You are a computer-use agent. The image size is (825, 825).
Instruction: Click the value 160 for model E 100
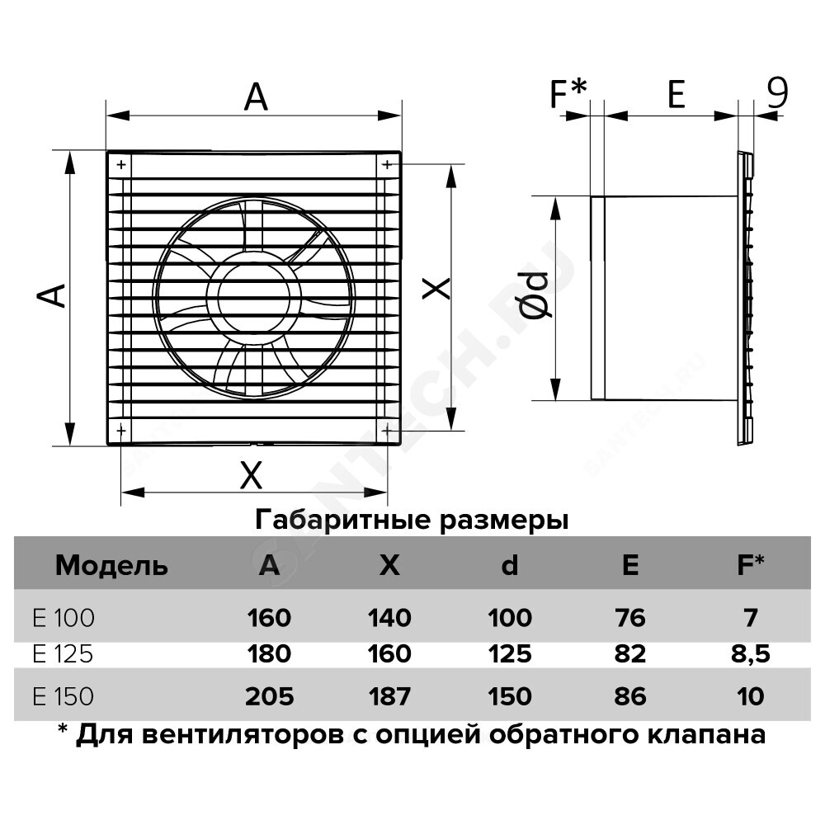[x=268, y=617]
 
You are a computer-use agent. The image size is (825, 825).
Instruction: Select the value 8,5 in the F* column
[x=750, y=654]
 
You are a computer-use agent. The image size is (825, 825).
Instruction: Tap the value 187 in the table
[x=389, y=696]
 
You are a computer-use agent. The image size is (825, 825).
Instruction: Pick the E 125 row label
[x=64, y=654]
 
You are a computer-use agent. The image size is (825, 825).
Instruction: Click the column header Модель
[x=111, y=566]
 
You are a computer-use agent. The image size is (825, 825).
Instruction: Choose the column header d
[x=510, y=566]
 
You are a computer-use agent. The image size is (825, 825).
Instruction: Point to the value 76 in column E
[x=630, y=617]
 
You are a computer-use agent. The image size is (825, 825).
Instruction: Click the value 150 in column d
[x=509, y=696]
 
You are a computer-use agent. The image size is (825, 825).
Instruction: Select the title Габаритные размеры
[x=412, y=521]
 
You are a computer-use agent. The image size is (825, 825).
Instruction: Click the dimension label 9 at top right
[x=776, y=93]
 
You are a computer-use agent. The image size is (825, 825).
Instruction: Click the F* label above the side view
[x=568, y=93]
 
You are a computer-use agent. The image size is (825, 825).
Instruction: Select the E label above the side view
[x=676, y=95]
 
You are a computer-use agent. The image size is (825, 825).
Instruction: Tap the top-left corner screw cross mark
[x=121, y=165]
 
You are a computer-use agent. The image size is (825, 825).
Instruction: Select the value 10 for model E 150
[x=751, y=696]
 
